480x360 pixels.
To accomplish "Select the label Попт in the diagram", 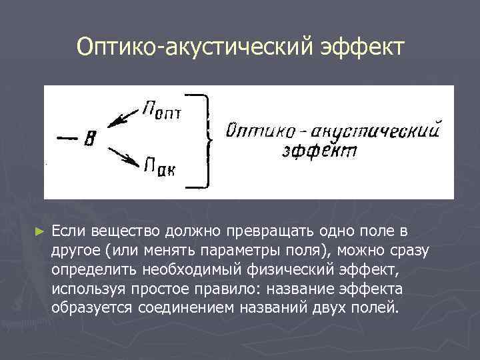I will [x=161, y=109].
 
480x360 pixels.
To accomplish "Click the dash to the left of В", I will [x=66, y=138].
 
